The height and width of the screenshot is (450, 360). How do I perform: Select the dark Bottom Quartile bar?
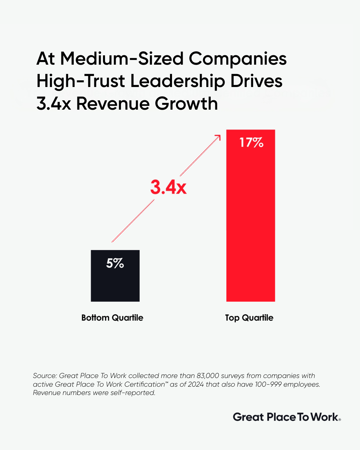115,283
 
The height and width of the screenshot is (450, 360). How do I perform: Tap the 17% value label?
251,143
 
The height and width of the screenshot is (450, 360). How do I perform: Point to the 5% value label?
115,263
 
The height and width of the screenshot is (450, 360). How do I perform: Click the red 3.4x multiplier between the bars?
168,187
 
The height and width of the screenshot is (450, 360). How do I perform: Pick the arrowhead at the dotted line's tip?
218,137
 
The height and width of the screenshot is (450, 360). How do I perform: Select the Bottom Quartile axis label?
112,318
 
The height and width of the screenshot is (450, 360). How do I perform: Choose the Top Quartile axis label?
249,318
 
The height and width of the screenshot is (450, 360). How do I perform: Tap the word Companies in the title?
238,59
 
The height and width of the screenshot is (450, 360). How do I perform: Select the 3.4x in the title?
54,104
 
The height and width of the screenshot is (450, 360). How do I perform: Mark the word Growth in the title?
186,104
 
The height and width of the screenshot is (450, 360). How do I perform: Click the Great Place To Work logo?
287,417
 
